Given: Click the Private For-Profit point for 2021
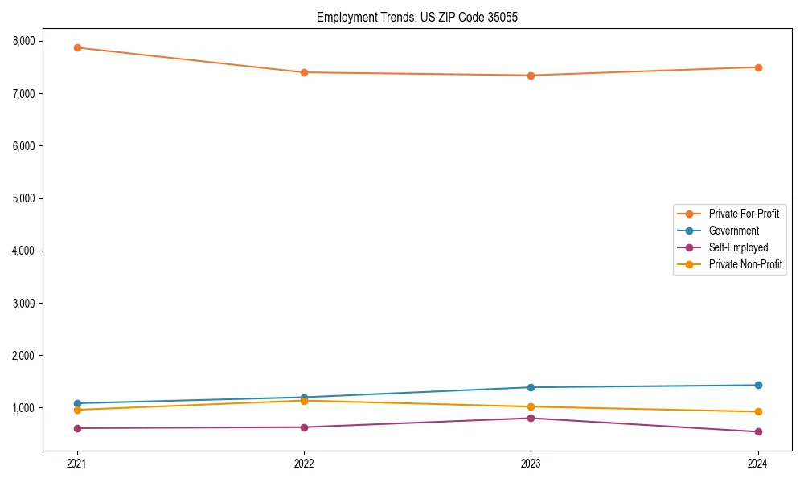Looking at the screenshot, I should point(77,47).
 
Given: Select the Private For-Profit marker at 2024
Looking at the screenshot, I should point(757,67).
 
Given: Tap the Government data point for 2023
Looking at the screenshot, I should point(531,387).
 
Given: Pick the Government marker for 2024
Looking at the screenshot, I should point(757,385).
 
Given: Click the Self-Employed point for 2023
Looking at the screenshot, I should point(531,418).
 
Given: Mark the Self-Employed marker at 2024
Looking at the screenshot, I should point(757,431).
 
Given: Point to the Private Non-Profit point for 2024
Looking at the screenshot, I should point(757,411).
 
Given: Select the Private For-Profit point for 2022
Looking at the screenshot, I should point(304,72).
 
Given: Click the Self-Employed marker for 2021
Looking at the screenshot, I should point(77,428).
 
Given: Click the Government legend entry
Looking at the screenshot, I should point(733,231).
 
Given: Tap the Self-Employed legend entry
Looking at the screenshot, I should point(738,247).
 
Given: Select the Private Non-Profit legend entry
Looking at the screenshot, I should point(745,264).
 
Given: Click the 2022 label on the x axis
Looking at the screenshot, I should point(304,463).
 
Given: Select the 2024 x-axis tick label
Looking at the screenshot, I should point(757,463).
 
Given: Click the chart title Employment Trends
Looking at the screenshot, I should point(412,17).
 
